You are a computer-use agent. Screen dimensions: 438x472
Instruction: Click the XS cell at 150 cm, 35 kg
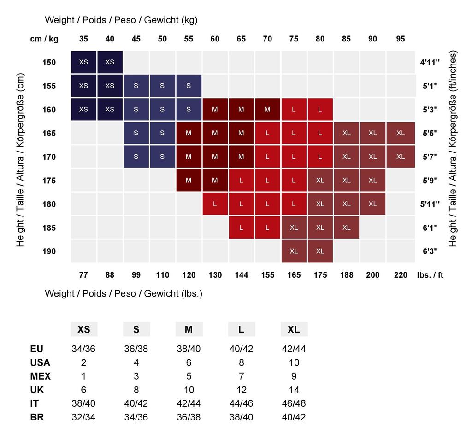[x=83, y=62]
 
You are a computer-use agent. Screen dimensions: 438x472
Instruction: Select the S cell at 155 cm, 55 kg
[x=189, y=86]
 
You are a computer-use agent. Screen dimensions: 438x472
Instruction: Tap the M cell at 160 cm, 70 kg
[x=267, y=110]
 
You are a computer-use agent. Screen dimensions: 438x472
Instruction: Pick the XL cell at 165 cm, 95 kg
[x=401, y=133]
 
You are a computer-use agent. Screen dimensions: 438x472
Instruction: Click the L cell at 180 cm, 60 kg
[x=215, y=204]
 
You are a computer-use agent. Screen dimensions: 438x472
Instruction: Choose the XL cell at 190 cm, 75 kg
[x=294, y=251]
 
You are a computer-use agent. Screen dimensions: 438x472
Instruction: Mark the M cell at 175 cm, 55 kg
[x=189, y=181]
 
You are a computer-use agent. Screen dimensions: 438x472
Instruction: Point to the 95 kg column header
[x=401, y=39]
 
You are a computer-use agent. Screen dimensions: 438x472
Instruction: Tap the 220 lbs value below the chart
[x=401, y=275]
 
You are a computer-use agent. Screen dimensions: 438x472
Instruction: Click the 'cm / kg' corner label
[x=44, y=39]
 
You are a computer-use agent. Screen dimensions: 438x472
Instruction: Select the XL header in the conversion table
[x=294, y=329]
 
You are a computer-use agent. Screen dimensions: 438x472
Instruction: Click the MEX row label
[x=40, y=376]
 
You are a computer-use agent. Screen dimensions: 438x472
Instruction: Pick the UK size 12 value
[x=241, y=390]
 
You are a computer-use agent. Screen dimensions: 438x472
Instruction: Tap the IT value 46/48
[x=294, y=403]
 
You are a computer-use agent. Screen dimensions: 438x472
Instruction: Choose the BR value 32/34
[x=83, y=417]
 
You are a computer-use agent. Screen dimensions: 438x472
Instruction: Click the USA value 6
[x=189, y=362]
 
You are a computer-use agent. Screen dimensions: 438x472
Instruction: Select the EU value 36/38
[x=136, y=349]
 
